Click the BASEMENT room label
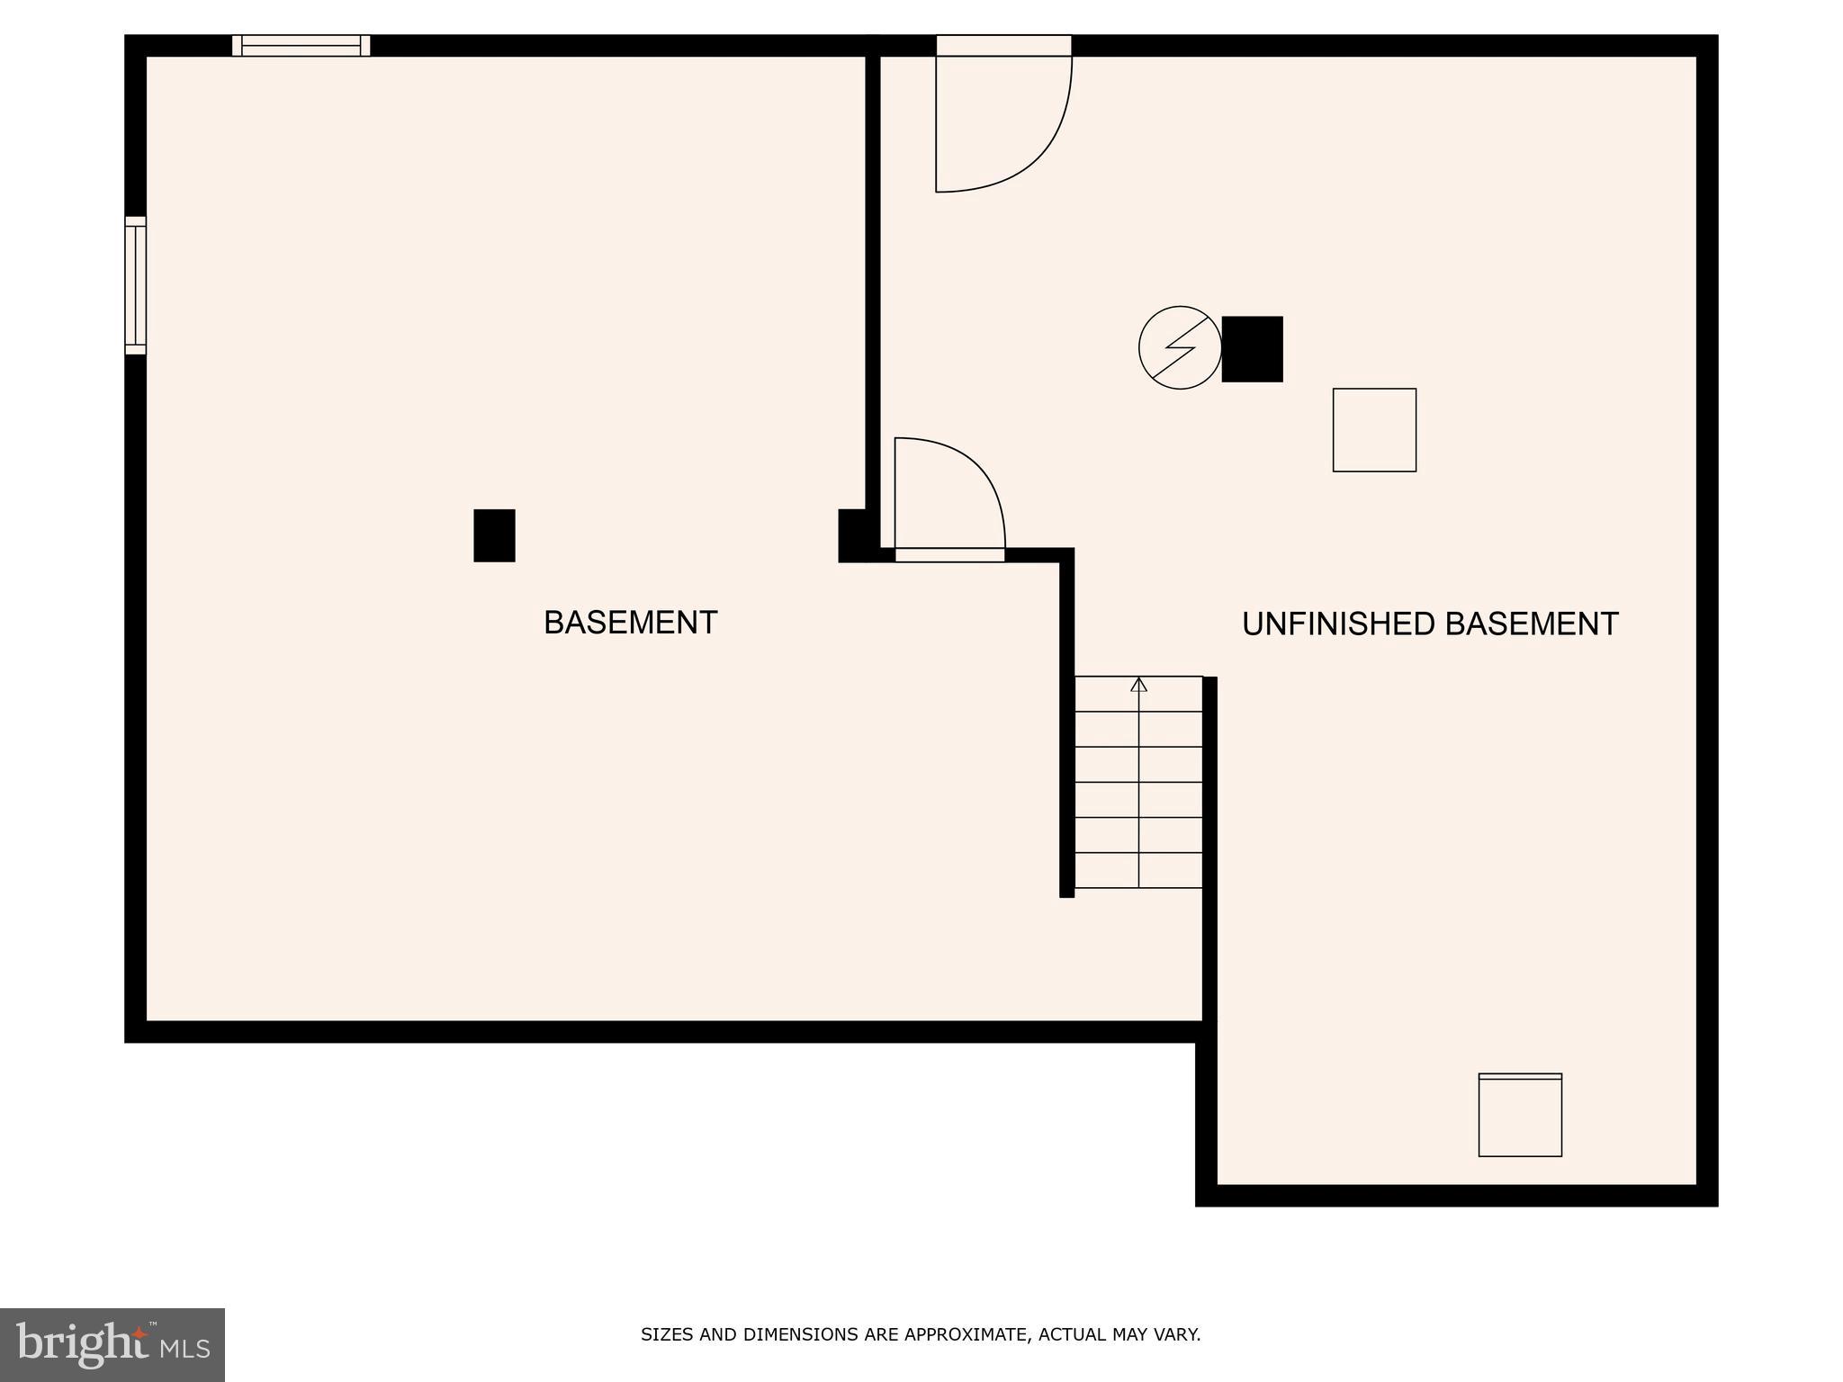(630, 623)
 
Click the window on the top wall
(301, 45)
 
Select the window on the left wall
(135, 285)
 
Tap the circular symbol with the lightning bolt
(1180, 347)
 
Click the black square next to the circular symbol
(1252, 349)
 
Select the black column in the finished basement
(494, 535)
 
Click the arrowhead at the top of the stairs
(1138, 685)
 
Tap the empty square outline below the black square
(1374, 430)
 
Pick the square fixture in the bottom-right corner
(1520, 1115)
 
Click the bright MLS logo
(112, 1345)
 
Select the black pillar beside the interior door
(853, 534)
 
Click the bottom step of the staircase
(1138, 870)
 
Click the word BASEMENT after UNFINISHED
(1532, 624)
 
